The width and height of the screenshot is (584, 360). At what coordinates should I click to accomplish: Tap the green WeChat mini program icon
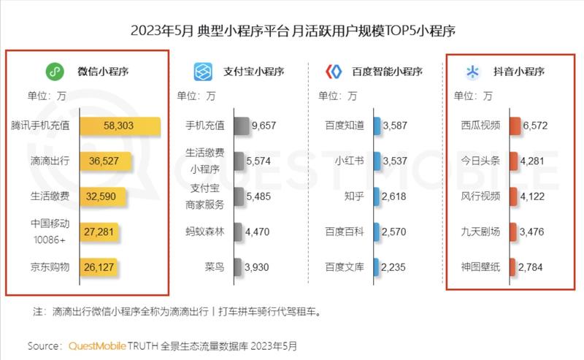point(53,72)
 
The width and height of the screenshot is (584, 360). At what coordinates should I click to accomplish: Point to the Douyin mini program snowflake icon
point(473,72)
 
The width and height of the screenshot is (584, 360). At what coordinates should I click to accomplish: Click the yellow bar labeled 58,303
point(120,126)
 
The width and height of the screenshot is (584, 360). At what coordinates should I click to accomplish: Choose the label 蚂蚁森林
point(204,232)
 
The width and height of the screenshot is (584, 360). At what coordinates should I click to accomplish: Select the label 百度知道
point(345,126)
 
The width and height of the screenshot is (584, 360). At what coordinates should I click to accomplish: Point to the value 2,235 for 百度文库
point(396,267)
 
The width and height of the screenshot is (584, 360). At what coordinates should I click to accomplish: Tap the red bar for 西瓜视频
point(515,126)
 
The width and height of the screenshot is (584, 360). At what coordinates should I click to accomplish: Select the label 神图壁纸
point(481,267)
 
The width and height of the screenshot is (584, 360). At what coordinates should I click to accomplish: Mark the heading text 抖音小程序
point(519,72)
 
